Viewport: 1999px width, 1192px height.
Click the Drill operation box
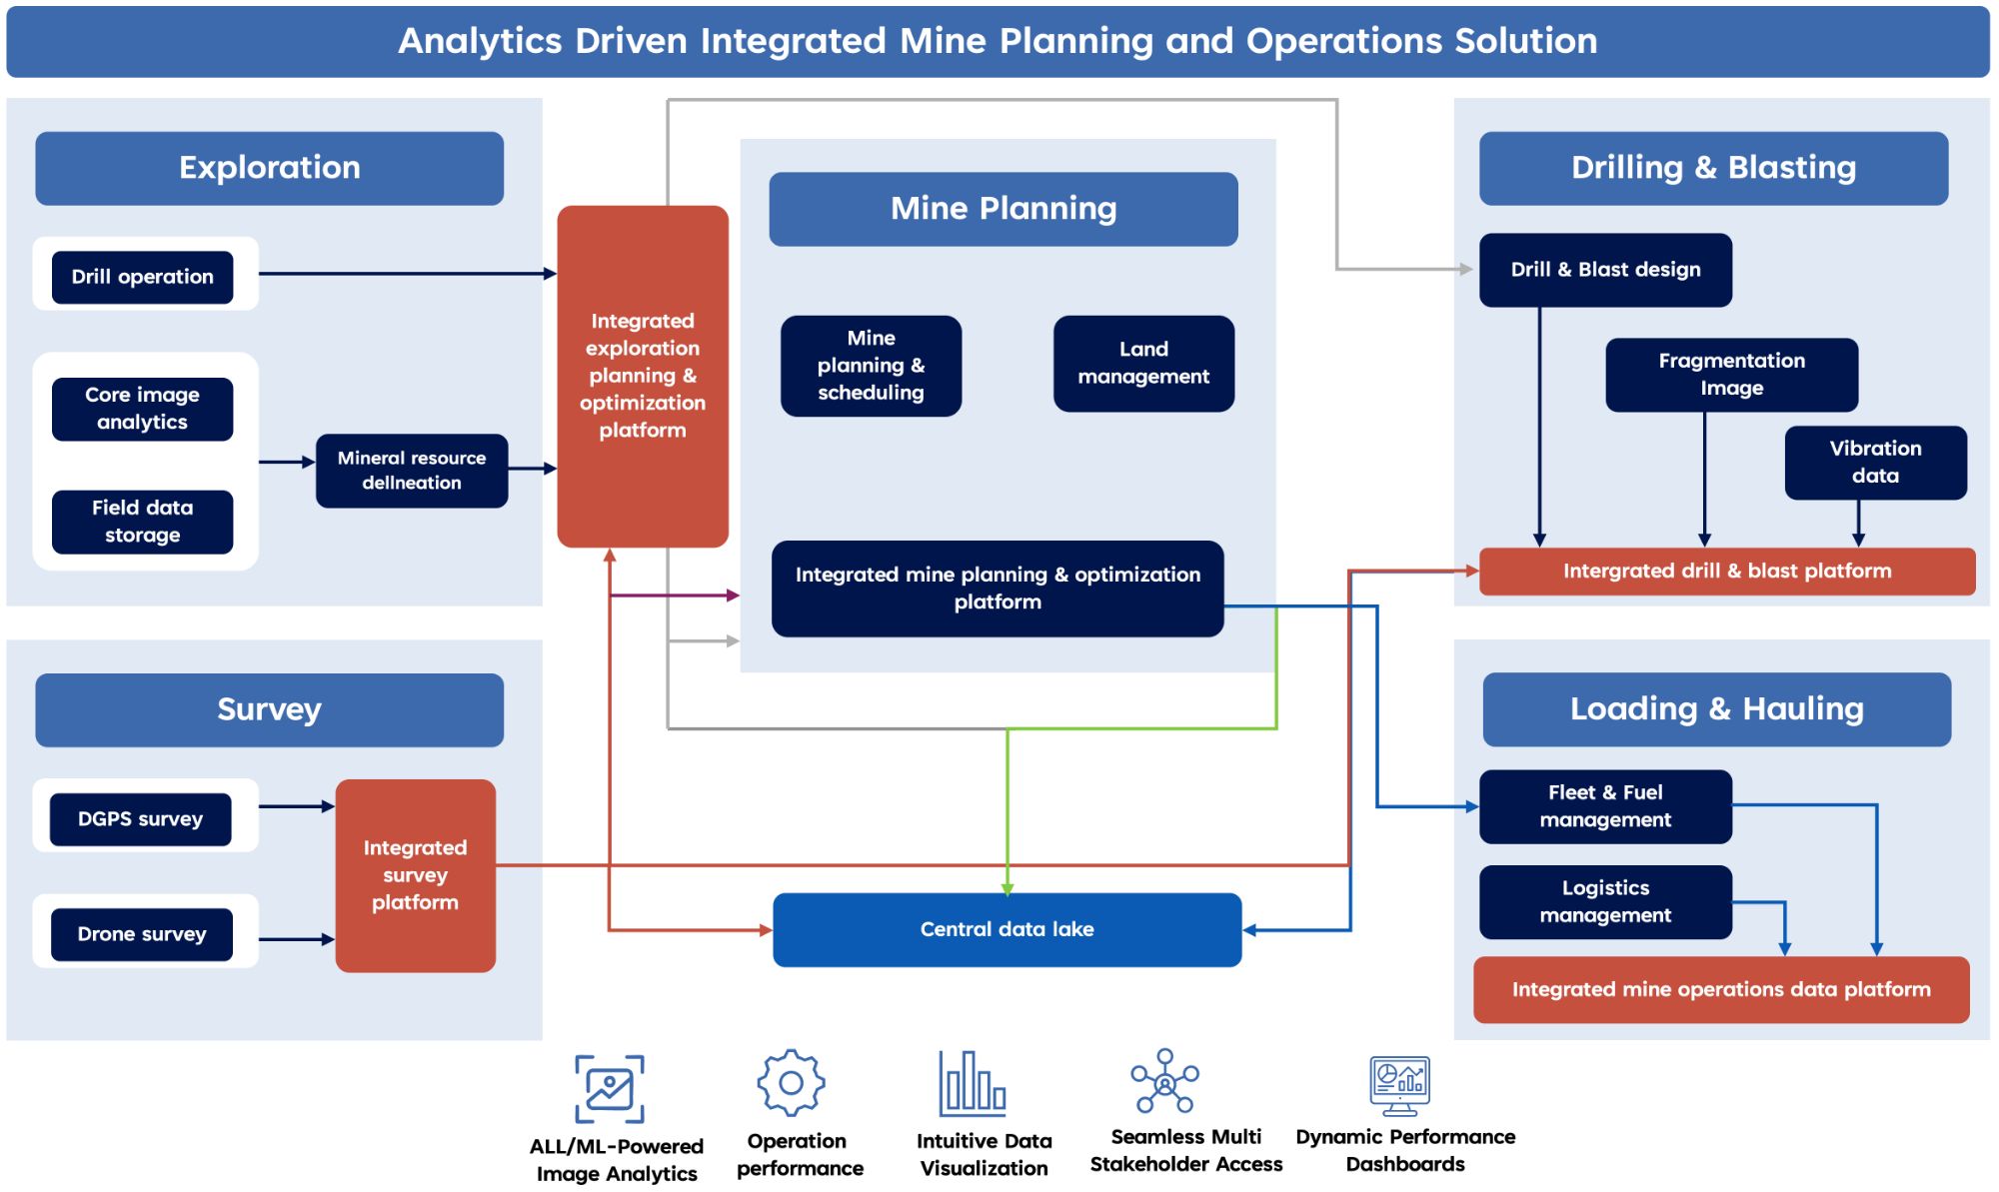click(142, 277)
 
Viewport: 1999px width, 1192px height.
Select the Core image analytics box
click(142, 409)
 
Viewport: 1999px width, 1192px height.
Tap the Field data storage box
click(142, 522)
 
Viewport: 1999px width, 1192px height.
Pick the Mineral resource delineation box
click(412, 471)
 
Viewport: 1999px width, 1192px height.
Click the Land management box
click(1143, 364)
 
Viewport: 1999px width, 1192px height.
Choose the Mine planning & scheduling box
click(871, 366)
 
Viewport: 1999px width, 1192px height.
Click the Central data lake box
click(1007, 929)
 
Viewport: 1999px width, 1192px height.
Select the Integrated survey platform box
click(416, 875)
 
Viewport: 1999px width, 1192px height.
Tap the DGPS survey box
click(141, 819)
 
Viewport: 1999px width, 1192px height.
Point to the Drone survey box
click(142, 934)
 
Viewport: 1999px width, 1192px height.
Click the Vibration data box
click(1876, 463)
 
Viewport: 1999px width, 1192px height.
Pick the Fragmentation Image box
click(1732, 375)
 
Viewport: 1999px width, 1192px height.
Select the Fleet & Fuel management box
click(1605, 806)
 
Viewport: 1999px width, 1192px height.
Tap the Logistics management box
click(1605, 902)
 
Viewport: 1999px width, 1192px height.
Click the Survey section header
click(270, 710)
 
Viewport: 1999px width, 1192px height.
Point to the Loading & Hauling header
click(1717, 709)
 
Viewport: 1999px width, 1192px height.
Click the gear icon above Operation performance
click(792, 1082)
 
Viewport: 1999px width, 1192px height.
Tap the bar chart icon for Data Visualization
click(973, 1083)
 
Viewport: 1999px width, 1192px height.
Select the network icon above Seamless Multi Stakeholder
click(1164, 1081)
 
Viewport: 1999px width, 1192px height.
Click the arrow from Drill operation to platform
click(408, 274)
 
